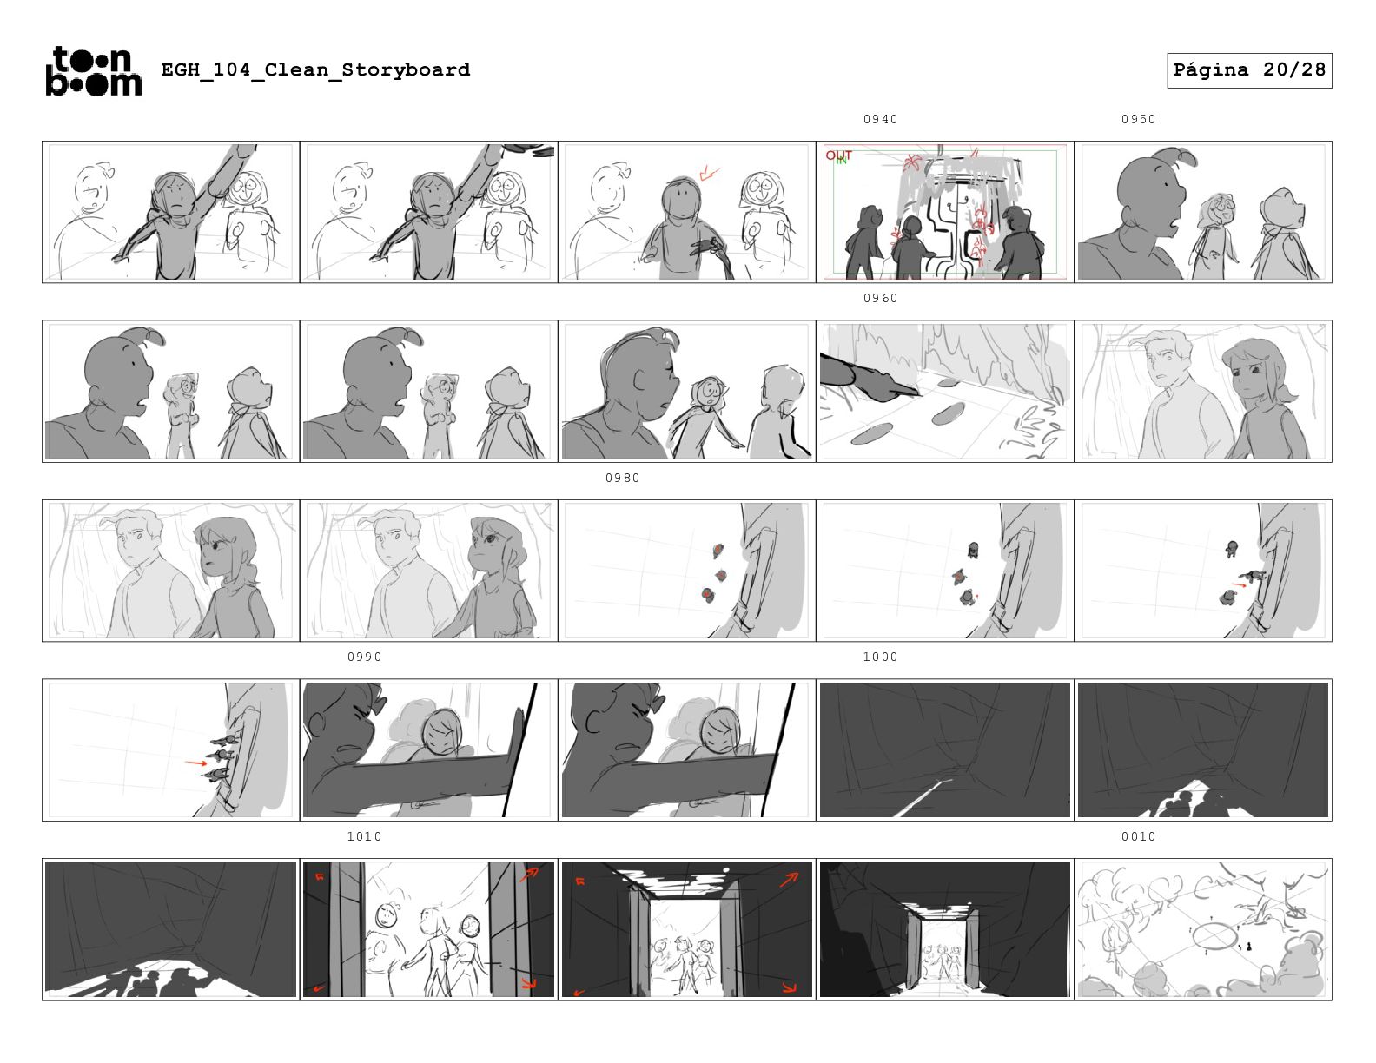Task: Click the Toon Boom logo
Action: (x=94, y=71)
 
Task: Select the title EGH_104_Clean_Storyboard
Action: (x=315, y=69)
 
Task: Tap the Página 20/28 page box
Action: (x=1248, y=70)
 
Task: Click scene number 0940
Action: (x=880, y=119)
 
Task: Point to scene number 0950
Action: (x=1138, y=119)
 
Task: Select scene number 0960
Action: (x=880, y=298)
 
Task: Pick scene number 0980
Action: (x=623, y=478)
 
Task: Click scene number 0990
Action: (x=364, y=657)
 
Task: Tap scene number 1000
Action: (x=880, y=657)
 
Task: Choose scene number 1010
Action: (x=364, y=836)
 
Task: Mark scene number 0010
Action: (x=1138, y=836)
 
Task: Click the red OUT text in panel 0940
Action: (x=838, y=155)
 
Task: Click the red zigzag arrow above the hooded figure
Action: (x=709, y=173)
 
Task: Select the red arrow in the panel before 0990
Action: (x=195, y=763)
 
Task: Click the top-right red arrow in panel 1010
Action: (x=528, y=875)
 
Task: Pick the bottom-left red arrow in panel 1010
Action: (x=321, y=987)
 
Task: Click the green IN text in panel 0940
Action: (x=842, y=161)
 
